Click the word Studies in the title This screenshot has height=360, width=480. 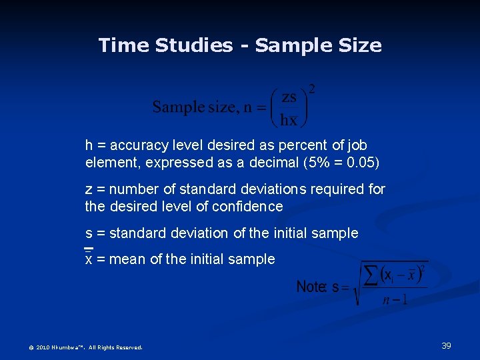[194, 45]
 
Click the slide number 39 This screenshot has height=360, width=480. [447, 345]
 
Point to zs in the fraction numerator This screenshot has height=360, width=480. [289, 97]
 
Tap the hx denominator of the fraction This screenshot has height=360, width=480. [289, 121]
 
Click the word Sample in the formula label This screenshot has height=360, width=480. [178, 107]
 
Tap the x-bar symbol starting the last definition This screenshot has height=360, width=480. [89, 259]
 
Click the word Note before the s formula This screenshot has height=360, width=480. [310, 287]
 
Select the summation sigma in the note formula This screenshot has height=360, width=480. [369, 274]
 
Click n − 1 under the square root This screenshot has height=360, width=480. [395, 300]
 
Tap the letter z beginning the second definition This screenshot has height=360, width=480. [89, 189]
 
